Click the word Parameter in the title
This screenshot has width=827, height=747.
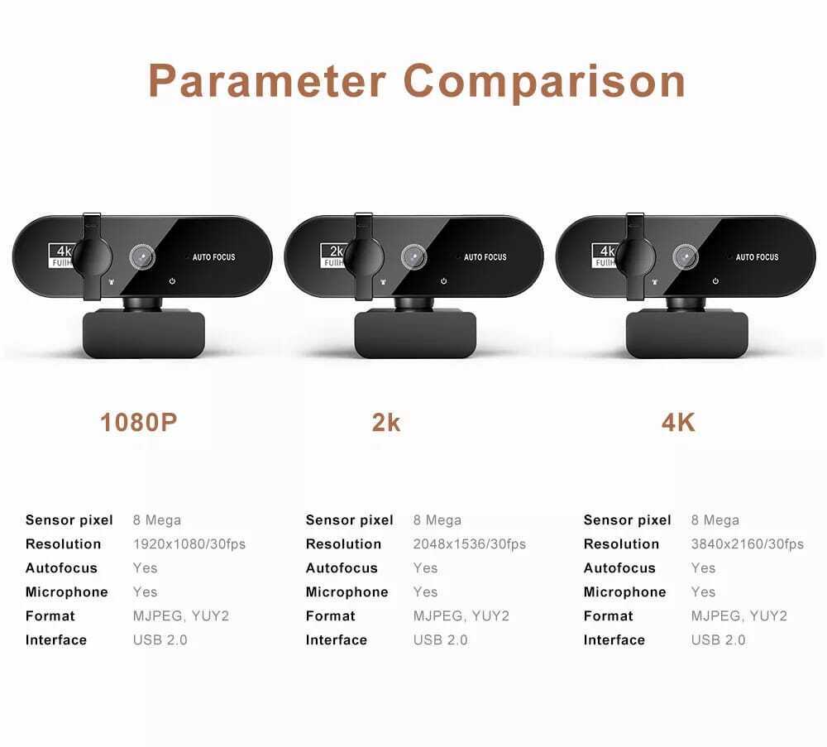click(x=267, y=81)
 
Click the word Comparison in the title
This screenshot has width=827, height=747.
click(x=544, y=82)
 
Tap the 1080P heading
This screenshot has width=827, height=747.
click(x=139, y=423)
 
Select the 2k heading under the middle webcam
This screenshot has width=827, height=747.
click(x=386, y=423)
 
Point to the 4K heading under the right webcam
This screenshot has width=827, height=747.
click(x=678, y=423)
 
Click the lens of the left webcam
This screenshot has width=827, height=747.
click(x=142, y=257)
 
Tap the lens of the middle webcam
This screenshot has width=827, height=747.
click(x=414, y=257)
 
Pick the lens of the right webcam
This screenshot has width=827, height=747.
click(x=686, y=257)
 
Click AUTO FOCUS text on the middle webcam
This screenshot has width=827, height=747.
click(x=485, y=257)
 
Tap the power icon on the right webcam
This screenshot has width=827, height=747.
click(x=715, y=281)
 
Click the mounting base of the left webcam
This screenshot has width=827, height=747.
click(x=143, y=334)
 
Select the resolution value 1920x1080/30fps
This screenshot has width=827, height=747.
click(x=189, y=543)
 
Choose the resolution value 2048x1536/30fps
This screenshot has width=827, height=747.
click(x=470, y=543)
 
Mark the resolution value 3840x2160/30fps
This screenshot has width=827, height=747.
click(x=748, y=543)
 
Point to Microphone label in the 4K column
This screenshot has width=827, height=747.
click(x=624, y=592)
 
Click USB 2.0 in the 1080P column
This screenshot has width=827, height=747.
click(x=160, y=640)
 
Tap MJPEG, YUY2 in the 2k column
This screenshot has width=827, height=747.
click(x=461, y=616)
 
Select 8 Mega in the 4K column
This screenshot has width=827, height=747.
click(x=715, y=520)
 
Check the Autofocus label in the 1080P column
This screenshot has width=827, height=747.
click(x=61, y=568)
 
